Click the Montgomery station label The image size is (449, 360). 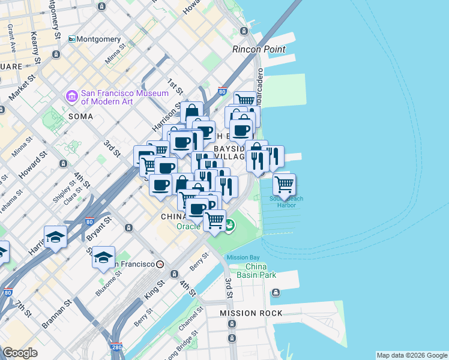98,39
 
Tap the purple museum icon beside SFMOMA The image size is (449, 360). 72,96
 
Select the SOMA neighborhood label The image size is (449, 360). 80,115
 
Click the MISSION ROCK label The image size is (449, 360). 250,313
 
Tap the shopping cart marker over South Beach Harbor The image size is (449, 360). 284,184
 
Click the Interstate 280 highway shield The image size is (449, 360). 117,347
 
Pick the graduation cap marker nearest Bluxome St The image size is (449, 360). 103,257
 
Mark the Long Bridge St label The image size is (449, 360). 175,346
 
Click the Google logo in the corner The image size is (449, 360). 20,353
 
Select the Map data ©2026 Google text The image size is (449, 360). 412,355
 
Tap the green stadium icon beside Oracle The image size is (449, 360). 231,226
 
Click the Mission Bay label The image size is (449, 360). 242,257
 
